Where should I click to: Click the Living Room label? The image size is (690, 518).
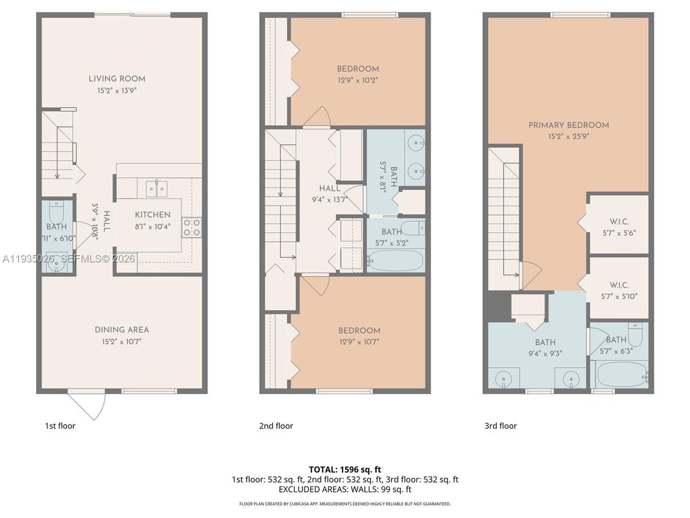point(117,79)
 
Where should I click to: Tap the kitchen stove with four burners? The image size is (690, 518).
point(192,227)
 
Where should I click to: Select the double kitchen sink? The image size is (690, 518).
point(156,188)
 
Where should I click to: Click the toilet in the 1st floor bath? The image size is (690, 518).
point(56,212)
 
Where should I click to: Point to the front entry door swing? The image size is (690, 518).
point(88,405)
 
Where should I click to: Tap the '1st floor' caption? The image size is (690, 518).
point(60,426)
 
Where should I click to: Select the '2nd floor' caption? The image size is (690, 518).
point(277,426)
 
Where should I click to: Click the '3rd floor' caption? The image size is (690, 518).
point(500,426)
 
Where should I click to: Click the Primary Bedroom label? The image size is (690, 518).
point(568,125)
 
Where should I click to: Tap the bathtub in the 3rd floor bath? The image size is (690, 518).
point(619,374)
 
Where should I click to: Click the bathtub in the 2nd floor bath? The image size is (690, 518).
point(395,261)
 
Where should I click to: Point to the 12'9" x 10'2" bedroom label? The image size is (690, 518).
point(358,69)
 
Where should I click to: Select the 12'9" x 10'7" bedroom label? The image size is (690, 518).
point(359,331)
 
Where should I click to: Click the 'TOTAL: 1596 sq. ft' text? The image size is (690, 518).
point(345,470)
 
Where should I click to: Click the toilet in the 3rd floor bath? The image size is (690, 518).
point(635,334)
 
